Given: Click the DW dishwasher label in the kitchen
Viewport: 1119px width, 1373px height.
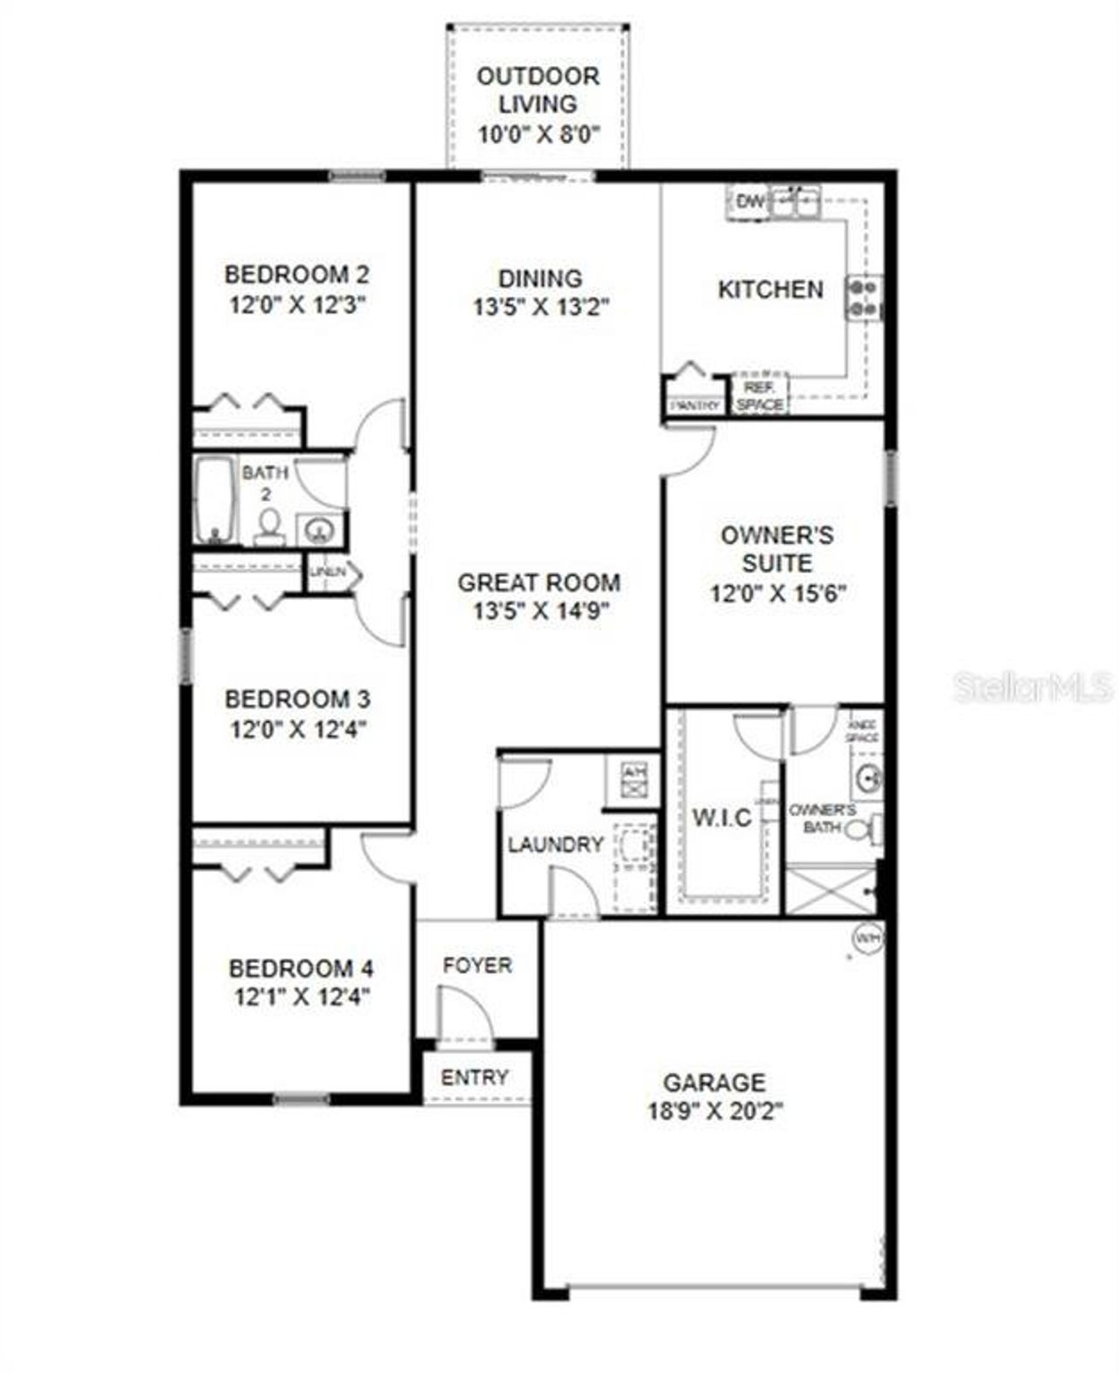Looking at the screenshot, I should [x=749, y=202].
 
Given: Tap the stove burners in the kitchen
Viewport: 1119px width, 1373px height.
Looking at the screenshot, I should [x=863, y=297].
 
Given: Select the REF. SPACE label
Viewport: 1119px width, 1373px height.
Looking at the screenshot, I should [x=760, y=396].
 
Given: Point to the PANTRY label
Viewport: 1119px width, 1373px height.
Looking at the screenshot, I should [x=696, y=405].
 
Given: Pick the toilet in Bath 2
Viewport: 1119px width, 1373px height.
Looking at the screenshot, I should [x=269, y=526].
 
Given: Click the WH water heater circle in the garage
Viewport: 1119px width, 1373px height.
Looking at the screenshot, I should [x=868, y=938].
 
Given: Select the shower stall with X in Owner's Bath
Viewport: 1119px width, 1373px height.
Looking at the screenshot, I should [x=831, y=890].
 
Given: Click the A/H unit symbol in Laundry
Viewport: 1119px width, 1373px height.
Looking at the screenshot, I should [x=632, y=779].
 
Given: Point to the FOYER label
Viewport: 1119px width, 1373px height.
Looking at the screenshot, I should [x=477, y=965].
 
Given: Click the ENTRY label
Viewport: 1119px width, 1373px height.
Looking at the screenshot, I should [x=475, y=1077].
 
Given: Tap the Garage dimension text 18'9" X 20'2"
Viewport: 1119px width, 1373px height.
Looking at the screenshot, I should [x=715, y=1112].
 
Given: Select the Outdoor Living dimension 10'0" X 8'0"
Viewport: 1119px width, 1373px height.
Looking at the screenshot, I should [x=539, y=135].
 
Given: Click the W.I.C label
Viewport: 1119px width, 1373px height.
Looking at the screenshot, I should [x=722, y=818].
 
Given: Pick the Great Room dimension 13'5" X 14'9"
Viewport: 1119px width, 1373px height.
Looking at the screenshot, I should [x=540, y=610].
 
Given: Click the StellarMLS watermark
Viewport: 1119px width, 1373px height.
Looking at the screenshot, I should [x=1033, y=686].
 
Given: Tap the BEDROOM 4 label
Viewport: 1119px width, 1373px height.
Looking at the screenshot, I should [x=301, y=968].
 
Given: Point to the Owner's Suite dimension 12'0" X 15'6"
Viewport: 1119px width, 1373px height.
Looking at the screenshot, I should [x=777, y=594].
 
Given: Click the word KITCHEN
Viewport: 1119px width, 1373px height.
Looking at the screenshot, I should [x=770, y=289].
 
